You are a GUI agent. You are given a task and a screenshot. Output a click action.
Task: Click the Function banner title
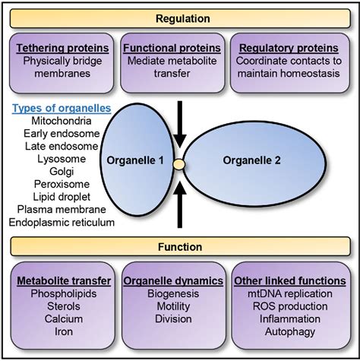[180, 246]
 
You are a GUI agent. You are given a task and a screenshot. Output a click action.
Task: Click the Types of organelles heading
[61, 109]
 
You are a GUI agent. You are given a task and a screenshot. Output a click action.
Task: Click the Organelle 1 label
[137, 160]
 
